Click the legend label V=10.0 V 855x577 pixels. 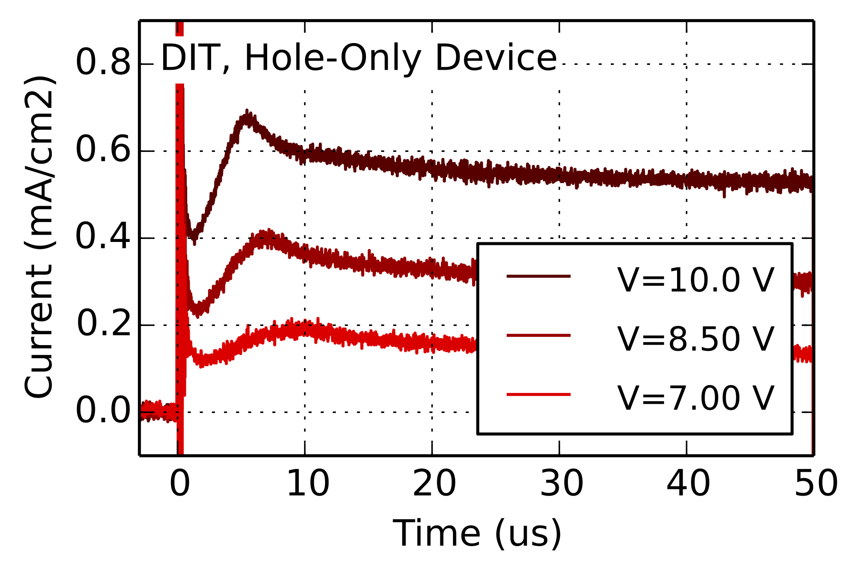tap(695, 280)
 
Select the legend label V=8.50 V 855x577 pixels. tap(695, 339)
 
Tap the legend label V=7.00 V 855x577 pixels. tap(695, 398)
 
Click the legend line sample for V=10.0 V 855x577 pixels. tap(538, 276)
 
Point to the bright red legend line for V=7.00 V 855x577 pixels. tap(538, 394)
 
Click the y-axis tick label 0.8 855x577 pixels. tap(103, 64)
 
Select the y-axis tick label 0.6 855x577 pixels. tap(103, 151)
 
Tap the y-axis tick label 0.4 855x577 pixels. tap(103, 238)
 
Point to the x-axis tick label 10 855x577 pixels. tap(308, 484)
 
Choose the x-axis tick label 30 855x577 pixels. tap(561, 484)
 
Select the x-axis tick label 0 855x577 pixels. tap(180, 484)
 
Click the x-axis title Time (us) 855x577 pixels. tap(477, 533)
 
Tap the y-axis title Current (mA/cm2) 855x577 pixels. tap(39, 238)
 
